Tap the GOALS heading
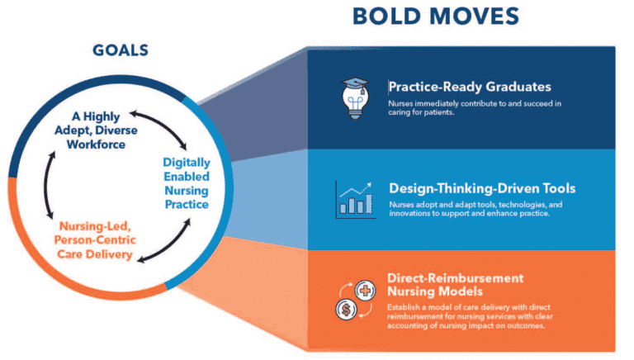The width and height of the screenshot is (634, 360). [x=121, y=51]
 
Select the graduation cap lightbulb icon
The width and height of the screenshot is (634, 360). [x=356, y=97]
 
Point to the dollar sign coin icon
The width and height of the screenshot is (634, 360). [x=347, y=309]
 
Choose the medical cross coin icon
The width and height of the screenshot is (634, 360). [x=364, y=291]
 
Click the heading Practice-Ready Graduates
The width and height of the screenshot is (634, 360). [x=470, y=87]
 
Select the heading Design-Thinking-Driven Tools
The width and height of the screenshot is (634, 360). [x=482, y=188]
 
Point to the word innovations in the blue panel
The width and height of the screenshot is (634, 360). [x=418, y=216]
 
